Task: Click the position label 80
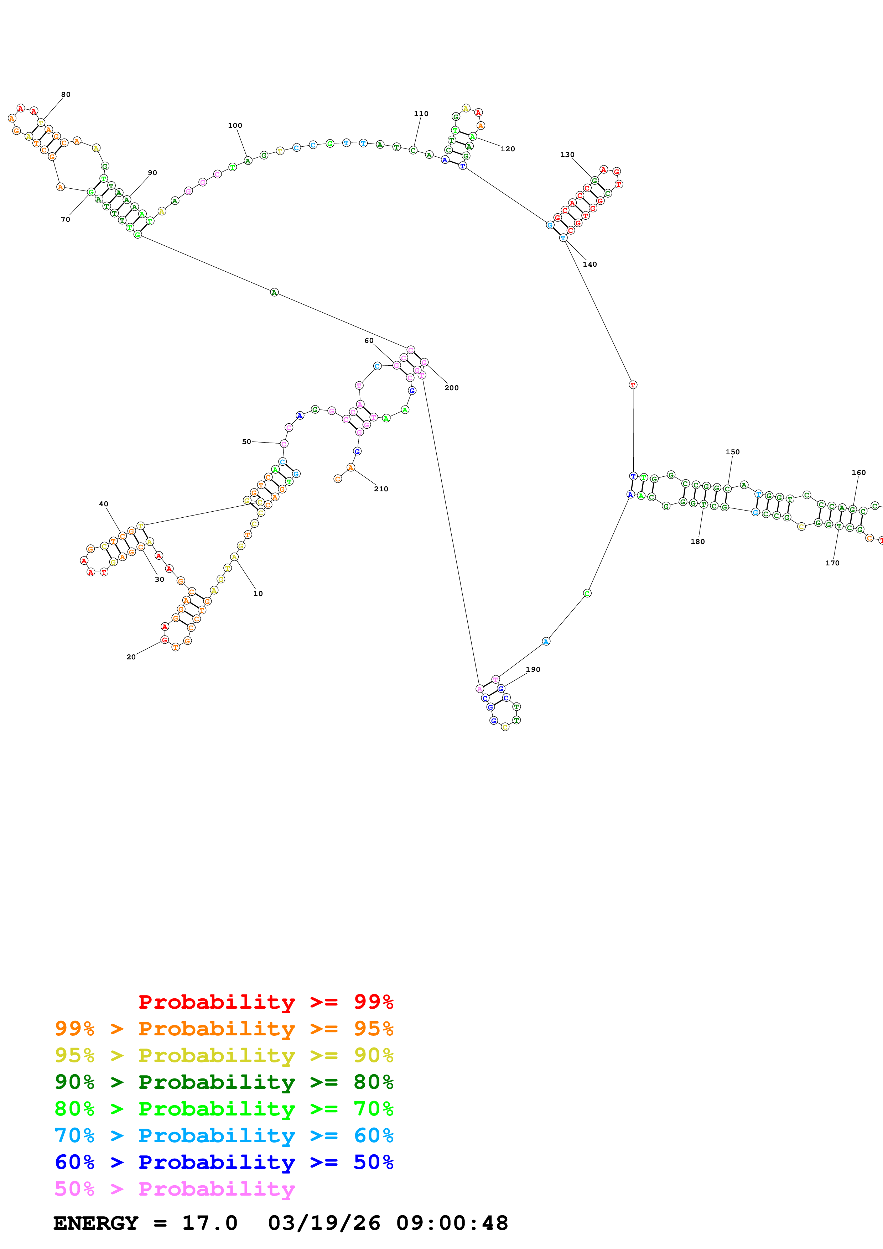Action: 66,95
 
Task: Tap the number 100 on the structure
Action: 235,126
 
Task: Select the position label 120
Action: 508,149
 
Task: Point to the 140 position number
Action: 590,265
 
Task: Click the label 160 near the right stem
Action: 858,473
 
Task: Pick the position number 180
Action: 697,542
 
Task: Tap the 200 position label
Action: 452,388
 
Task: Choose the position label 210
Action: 381,489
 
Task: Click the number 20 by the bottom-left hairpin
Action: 131,657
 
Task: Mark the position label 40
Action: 103,504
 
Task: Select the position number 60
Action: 369,340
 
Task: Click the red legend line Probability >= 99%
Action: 265,1002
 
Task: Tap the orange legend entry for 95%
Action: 224,1029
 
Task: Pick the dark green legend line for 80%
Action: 224,1082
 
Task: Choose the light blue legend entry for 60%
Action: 224,1135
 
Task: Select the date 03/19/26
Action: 324,1223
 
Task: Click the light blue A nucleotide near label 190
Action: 546,641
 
